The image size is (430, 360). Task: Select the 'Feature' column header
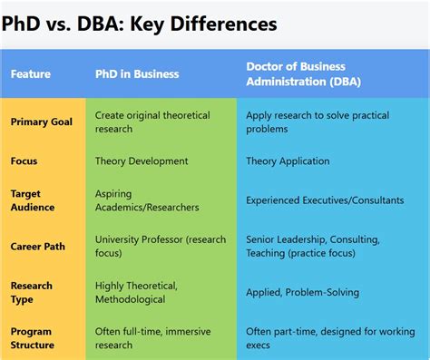(31, 74)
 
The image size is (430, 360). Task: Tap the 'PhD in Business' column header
(138, 74)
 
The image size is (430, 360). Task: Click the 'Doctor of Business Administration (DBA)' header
(308, 74)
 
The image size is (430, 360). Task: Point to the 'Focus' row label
(24, 161)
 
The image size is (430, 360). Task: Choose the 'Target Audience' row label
(33, 200)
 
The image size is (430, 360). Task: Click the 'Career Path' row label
(37, 246)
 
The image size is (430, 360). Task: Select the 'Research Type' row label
(32, 292)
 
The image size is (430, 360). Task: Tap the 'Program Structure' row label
(34, 338)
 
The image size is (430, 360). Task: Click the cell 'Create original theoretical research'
(152, 122)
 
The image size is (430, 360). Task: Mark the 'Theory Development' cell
(142, 161)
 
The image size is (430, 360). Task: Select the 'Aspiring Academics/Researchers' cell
(148, 200)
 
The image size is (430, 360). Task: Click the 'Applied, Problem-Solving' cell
(302, 292)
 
